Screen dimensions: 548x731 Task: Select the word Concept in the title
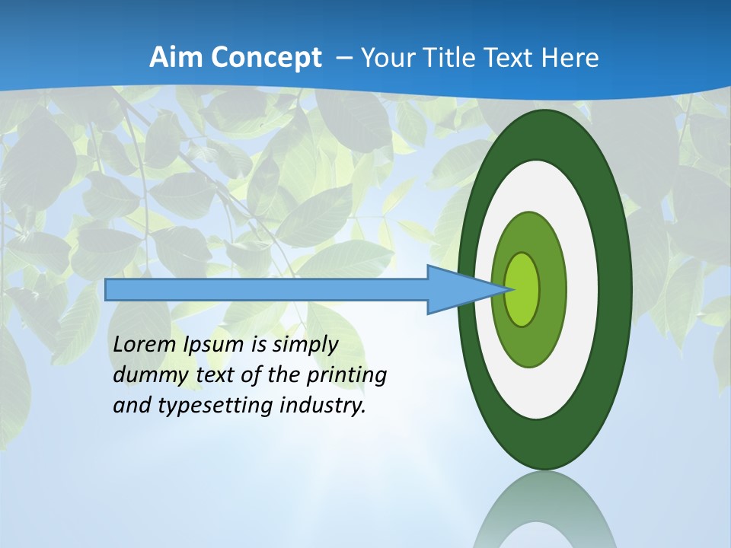click(x=267, y=58)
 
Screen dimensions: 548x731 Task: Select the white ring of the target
click(x=582, y=289)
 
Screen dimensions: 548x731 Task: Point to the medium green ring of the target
click(x=551, y=289)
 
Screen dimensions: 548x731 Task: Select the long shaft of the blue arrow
click(x=267, y=289)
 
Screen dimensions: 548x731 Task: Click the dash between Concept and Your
click(x=343, y=58)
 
